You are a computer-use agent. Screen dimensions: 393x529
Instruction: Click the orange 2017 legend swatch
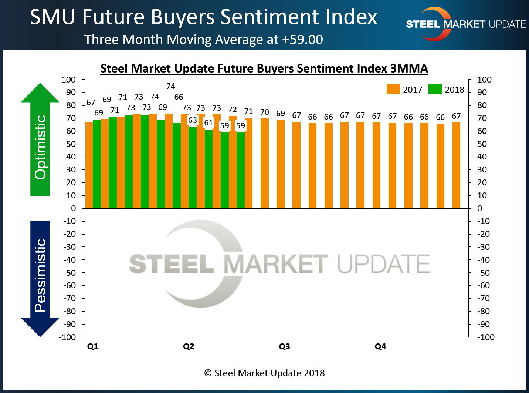click(393, 89)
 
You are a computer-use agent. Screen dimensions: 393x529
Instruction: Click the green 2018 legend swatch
click(435, 89)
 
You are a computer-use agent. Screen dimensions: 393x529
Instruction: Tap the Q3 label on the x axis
click(284, 346)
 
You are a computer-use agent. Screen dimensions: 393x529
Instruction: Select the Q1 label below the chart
click(93, 346)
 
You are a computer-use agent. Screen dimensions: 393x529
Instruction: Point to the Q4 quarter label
click(380, 346)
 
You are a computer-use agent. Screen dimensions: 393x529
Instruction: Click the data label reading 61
click(208, 123)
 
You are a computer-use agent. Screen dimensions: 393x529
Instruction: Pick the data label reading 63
click(193, 120)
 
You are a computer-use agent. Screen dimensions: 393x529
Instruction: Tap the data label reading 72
click(233, 110)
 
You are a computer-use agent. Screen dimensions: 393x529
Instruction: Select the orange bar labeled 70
click(265, 163)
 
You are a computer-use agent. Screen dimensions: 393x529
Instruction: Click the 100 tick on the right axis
click(484, 80)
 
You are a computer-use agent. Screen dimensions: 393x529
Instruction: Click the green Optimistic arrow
click(40, 141)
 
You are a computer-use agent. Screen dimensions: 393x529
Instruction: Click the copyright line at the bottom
click(264, 373)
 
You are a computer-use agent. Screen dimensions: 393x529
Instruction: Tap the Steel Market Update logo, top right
click(466, 24)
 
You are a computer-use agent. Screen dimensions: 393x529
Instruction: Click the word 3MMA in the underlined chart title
click(409, 68)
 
